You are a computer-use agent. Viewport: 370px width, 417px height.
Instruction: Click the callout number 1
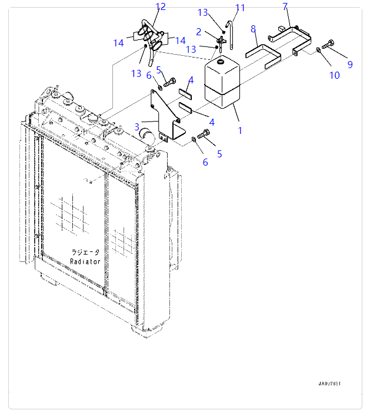click(x=240, y=130)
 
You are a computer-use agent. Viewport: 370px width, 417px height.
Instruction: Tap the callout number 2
click(x=199, y=31)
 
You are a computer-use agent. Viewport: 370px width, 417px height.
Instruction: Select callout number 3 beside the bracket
click(x=136, y=126)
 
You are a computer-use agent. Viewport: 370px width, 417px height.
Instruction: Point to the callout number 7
click(x=285, y=6)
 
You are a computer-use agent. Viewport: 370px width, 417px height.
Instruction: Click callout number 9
click(x=350, y=65)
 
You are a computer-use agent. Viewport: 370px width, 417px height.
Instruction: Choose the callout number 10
click(x=335, y=75)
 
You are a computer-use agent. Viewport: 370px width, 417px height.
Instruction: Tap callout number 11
click(x=239, y=8)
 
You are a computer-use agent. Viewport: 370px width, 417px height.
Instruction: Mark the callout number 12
click(x=161, y=6)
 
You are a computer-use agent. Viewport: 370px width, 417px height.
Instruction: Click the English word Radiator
click(x=85, y=261)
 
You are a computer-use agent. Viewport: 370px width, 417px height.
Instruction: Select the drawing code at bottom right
click(x=329, y=384)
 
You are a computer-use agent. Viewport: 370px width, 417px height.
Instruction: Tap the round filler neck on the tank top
click(x=220, y=62)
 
